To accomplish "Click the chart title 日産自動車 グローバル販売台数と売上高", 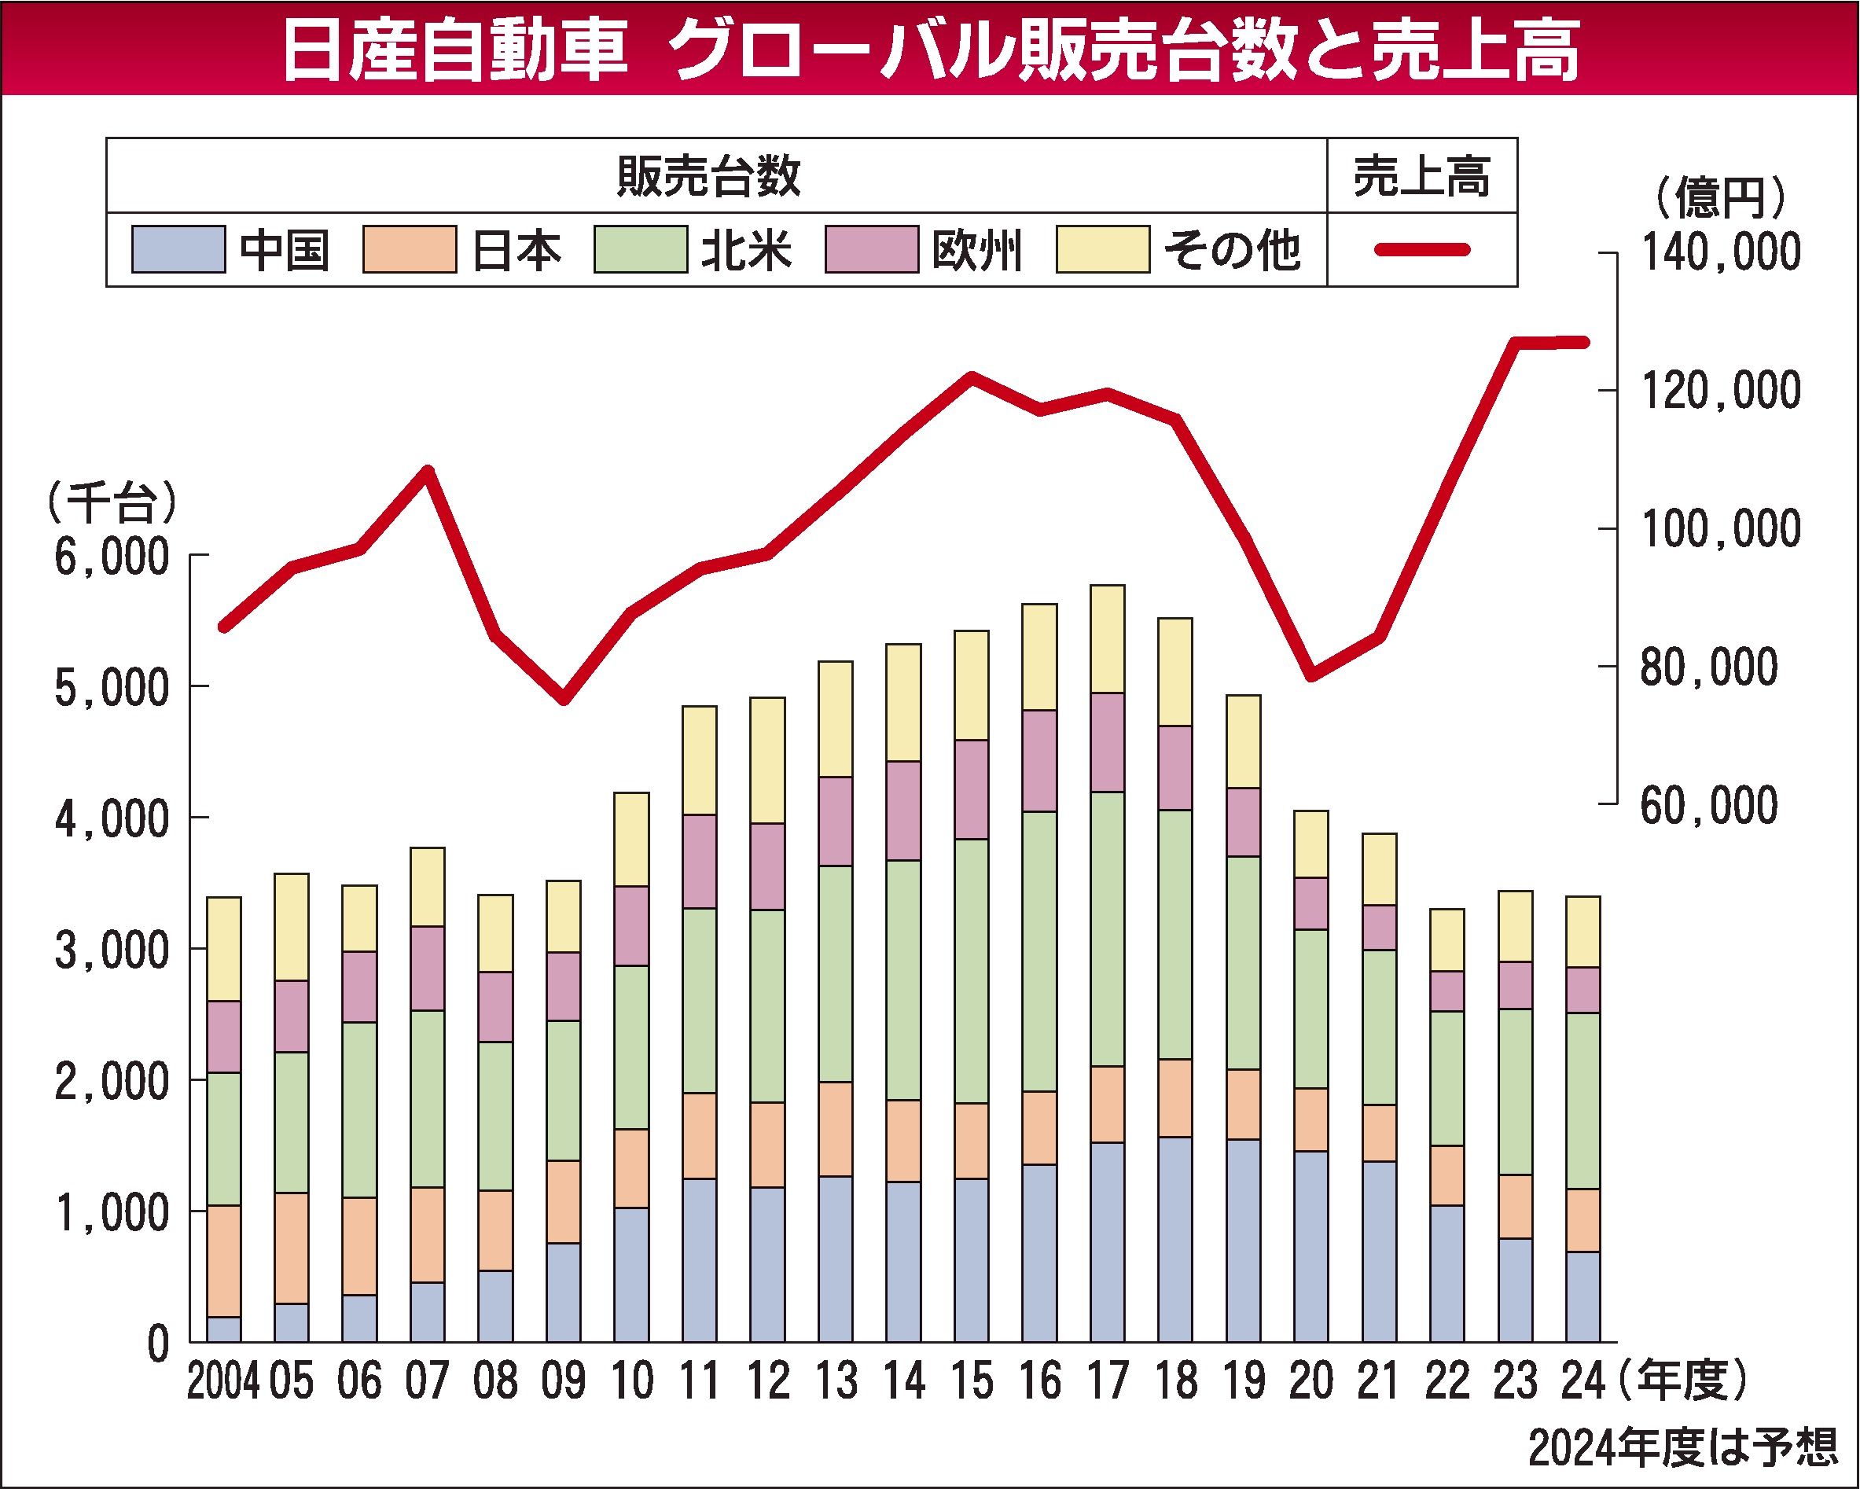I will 930,50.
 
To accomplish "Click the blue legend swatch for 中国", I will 178,250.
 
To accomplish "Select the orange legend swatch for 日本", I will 409,250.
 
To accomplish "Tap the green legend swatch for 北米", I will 640,250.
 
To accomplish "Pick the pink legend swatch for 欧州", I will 871,250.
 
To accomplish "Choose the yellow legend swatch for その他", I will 1102,250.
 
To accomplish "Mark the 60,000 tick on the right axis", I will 1708,806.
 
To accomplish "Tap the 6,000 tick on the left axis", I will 112,557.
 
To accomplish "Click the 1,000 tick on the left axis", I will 112,1213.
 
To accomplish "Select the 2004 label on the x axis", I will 222,1382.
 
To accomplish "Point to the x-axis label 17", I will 1108,1382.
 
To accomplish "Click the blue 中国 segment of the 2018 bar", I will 1175,1239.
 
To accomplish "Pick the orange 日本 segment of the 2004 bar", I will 223,1260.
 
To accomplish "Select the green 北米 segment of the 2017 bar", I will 1108,929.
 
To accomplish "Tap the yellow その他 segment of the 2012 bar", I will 767,760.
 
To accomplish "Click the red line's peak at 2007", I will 428,471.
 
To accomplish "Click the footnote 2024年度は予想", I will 1682,1448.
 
